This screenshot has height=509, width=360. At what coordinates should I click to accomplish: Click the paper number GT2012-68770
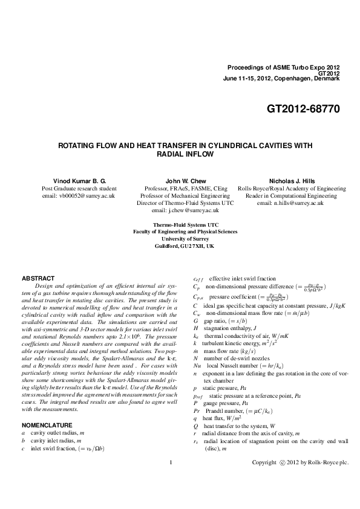(303, 109)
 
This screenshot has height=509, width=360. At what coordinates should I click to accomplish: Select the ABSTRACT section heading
(38, 278)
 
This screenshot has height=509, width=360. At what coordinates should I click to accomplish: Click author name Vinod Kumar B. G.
(79, 181)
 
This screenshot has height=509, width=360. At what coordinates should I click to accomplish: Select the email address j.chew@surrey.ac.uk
(185, 210)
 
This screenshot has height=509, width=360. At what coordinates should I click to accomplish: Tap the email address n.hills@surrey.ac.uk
(290, 203)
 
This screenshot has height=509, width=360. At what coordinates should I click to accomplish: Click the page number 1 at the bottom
(172, 480)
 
